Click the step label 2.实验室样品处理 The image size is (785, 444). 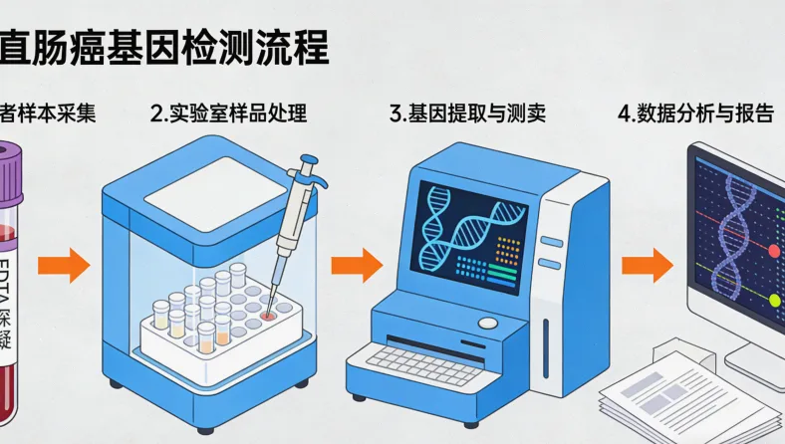[228, 113]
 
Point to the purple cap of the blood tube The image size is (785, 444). [9, 169]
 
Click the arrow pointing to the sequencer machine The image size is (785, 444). [356, 266]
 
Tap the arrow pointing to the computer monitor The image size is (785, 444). [647, 266]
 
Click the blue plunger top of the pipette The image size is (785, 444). [310, 159]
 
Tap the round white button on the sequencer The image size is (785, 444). [488, 324]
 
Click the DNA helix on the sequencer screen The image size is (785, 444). [468, 225]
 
